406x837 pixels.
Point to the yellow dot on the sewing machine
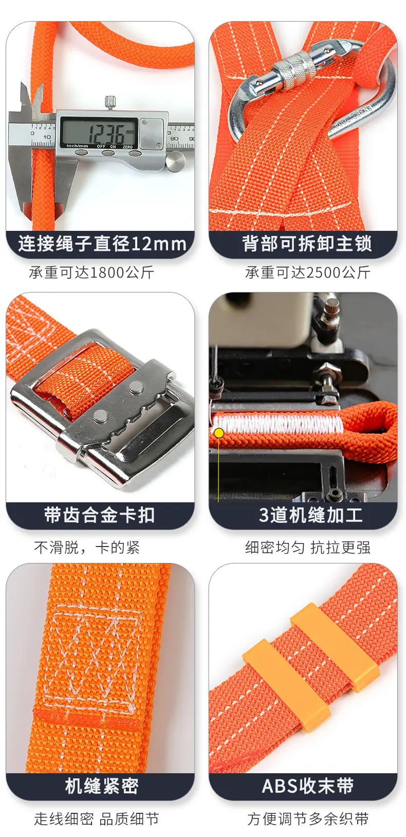tap(219, 433)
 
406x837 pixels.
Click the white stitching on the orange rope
tap(278, 425)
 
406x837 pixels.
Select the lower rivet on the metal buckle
tap(101, 415)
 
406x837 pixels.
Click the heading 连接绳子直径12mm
tap(102, 244)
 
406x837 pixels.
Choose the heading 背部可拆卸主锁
tap(307, 244)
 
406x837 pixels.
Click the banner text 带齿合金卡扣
tap(99, 515)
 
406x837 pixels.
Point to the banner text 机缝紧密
tap(102, 786)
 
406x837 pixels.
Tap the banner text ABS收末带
tap(307, 786)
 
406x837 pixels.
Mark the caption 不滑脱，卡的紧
tap(87, 548)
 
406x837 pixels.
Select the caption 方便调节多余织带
tap(308, 818)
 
